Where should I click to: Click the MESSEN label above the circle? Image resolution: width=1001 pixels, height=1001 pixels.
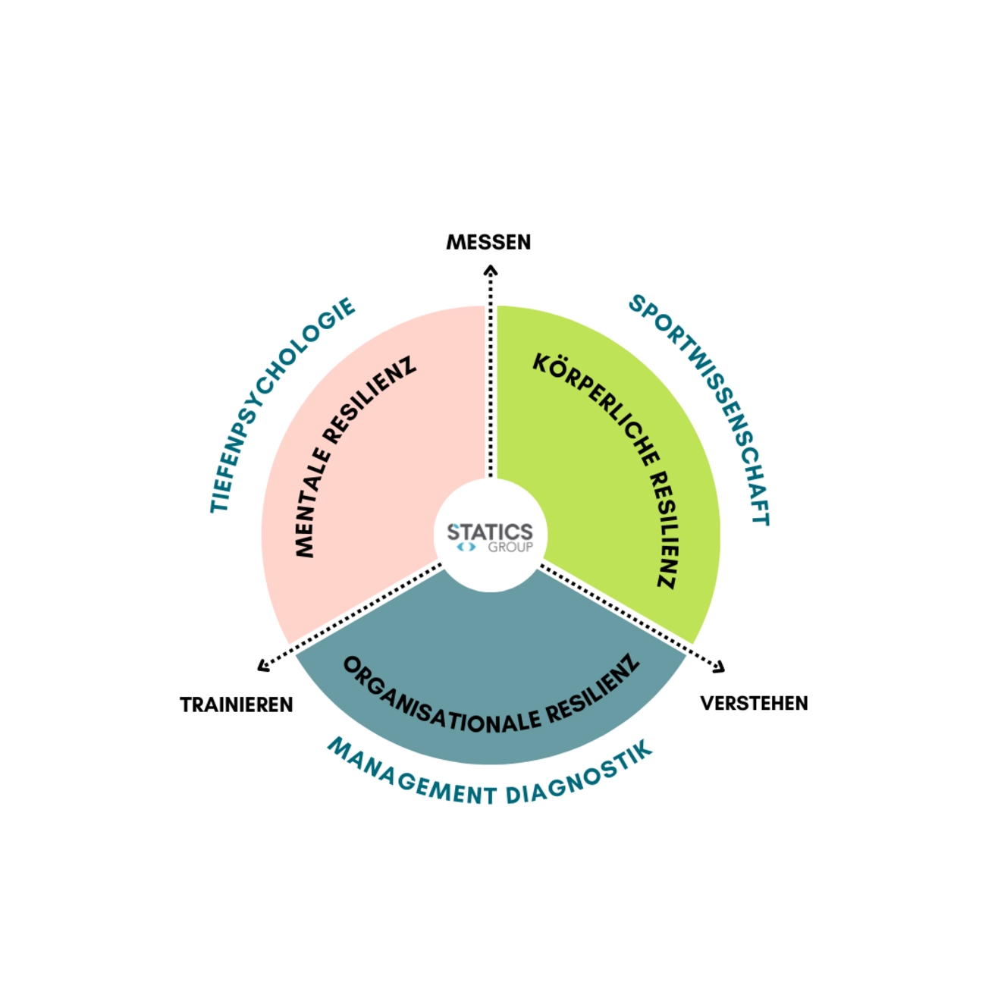pos(488,243)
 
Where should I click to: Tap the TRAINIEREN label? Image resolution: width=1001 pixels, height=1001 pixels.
pos(236,705)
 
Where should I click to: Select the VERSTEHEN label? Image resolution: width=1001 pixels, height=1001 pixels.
pos(754,704)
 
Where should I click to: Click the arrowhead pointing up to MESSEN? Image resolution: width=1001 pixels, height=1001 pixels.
pos(491,270)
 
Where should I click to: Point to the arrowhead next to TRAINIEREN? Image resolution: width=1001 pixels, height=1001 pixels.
pos(263,666)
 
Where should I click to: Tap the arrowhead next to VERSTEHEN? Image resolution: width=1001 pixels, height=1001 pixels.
pos(719,667)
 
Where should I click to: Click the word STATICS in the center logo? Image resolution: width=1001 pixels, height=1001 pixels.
pos(490,532)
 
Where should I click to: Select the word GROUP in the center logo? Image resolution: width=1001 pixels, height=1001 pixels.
pos(510,547)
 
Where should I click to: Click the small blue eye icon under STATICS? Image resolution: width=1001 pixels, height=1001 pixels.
pos(466,547)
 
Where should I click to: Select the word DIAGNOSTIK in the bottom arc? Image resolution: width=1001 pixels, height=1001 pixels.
pos(580,775)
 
